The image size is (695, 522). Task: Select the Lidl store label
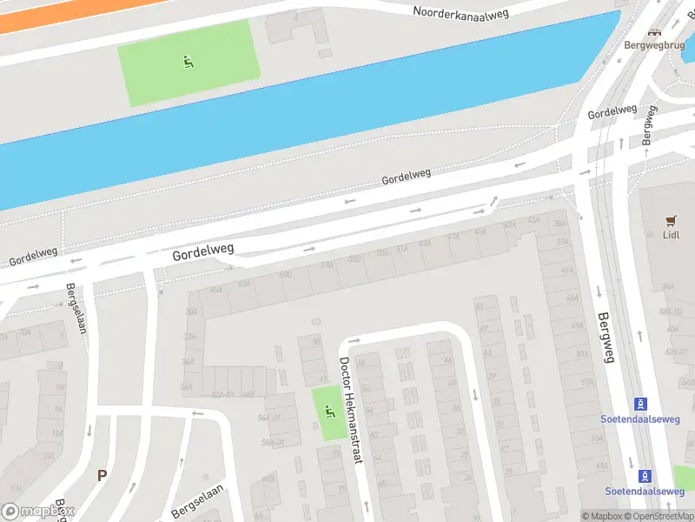670,235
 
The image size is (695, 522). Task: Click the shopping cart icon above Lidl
670,220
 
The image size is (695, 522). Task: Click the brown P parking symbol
102,476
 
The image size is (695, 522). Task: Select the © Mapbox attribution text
601,516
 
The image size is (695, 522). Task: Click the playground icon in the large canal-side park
188,61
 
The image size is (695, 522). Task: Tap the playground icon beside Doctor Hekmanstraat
328,411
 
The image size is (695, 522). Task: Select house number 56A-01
275,442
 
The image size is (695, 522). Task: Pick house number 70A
24,331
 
